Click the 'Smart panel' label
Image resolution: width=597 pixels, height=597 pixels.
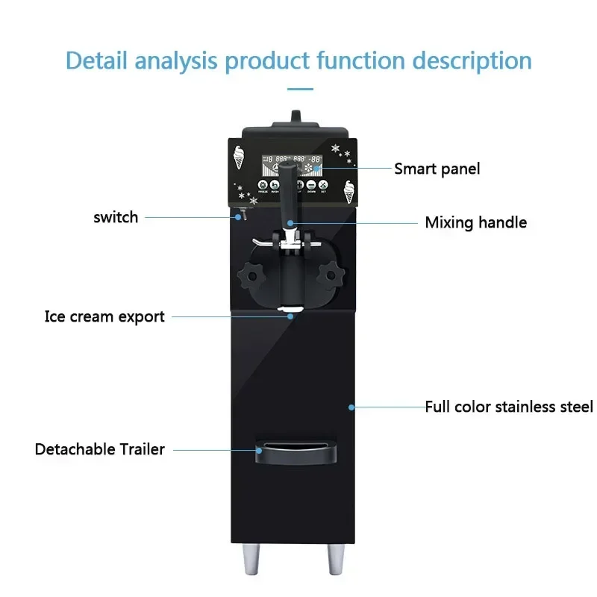pyautogui.click(x=437, y=169)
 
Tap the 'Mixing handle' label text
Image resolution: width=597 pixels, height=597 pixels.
pyautogui.click(x=475, y=222)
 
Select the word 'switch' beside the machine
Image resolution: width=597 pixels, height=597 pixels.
pyautogui.click(x=116, y=217)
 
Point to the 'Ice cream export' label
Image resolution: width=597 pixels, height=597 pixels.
pyautogui.click(x=104, y=316)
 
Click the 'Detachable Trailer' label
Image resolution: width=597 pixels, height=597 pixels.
pyautogui.click(x=99, y=449)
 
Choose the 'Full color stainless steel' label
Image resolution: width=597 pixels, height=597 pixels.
pyautogui.click(x=509, y=407)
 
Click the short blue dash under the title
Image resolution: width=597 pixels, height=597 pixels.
pyautogui.click(x=300, y=88)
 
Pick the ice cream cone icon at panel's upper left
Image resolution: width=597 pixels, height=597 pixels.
pyautogui.click(x=240, y=157)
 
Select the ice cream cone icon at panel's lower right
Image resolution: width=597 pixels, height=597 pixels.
pyautogui.click(x=348, y=192)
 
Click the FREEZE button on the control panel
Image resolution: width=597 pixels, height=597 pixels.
pyautogui.click(x=263, y=185)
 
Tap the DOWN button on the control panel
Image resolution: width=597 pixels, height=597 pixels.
pyautogui.click(x=311, y=185)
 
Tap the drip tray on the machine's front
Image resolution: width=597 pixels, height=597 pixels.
pyautogui.click(x=293, y=450)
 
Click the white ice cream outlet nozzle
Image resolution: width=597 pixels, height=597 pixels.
pyautogui.click(x=290, y=309)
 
